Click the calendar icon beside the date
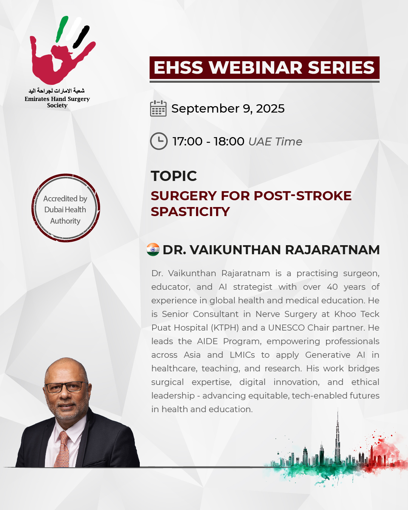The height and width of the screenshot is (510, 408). coord(158,108)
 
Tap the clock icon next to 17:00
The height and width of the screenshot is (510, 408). coord(159,141)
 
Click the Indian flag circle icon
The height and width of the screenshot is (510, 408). coord(153,250)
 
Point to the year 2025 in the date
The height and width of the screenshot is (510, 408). coord(270,108)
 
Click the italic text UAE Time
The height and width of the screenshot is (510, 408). coord(275,142)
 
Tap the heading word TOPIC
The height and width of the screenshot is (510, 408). coord(174,176)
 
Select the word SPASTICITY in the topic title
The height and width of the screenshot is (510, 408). coord(190,212)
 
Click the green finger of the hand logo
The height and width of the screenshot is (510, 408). coord(62,29)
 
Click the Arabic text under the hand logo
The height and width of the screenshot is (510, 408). coord(57,91)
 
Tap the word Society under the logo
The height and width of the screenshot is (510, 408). coord(57,105)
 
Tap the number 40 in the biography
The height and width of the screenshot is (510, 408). coord(332,287)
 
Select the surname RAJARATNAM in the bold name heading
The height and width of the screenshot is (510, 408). coord(332,250)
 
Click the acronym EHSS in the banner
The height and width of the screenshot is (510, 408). coord(179,68)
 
